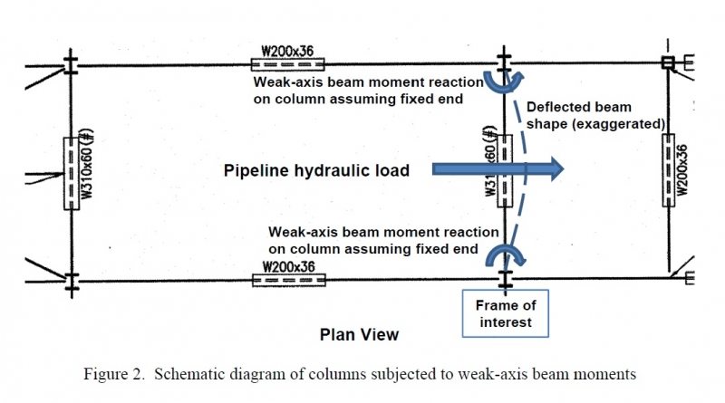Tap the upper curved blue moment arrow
[x=505, y=82]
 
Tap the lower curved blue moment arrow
[x=505, y=254]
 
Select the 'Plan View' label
[x=359, y=334]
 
